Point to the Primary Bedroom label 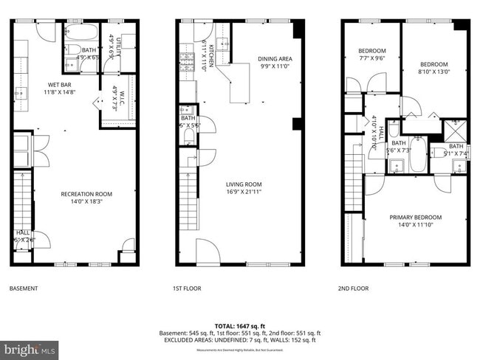tap(415, 217)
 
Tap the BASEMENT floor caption tap(23, 288)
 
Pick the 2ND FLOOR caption tap(354, 288)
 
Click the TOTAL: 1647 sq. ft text tap(240, 325)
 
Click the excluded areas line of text tap(240, 340)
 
